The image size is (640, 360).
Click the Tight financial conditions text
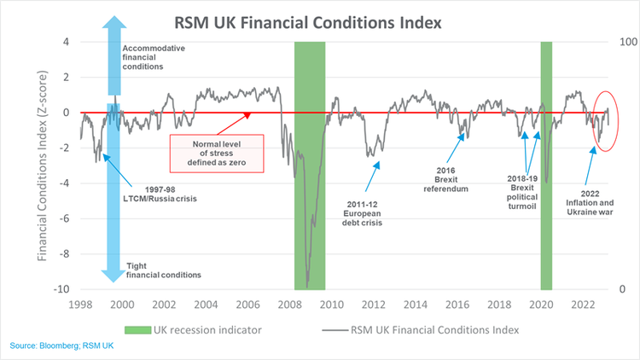click(163, 270)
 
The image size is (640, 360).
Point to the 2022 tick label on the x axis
click(583, 305)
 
